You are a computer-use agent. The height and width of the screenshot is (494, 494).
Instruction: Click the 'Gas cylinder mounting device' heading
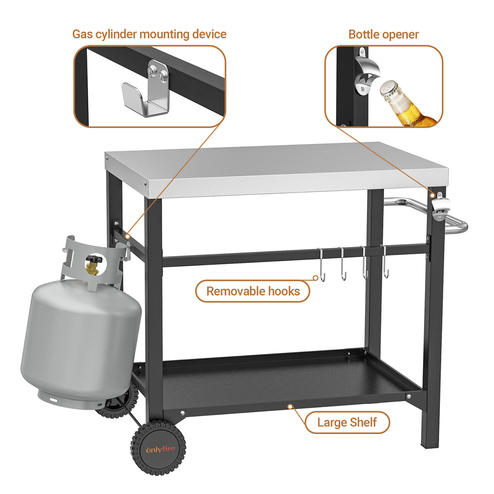[149, 34]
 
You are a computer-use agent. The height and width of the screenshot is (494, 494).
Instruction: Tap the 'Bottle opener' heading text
[383, 34]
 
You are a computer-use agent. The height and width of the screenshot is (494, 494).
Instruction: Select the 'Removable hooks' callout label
[253, 291]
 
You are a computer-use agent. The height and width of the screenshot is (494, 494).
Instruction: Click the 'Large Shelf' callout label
[347, 422]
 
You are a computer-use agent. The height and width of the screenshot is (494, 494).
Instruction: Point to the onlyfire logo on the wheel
[161, 449]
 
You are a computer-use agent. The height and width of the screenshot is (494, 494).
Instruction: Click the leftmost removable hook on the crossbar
[321, 265]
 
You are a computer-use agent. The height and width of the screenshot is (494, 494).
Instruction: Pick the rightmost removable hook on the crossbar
[385, 262]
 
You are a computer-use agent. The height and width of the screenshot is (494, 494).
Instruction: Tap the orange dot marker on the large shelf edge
[290, 407]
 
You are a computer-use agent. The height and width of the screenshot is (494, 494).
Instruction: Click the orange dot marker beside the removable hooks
[315, 278]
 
